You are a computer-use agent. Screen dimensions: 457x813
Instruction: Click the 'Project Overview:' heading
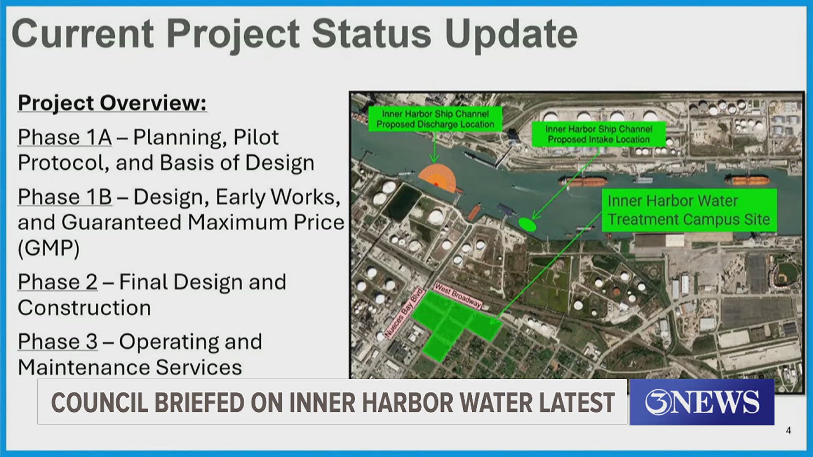[x=112, y=103]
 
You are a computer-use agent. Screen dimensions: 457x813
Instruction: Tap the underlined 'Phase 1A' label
[x=64, y=138]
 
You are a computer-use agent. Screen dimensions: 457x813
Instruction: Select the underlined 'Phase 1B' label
[x=64, y=197]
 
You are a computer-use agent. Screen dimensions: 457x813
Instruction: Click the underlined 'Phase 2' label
[x=57, y=282]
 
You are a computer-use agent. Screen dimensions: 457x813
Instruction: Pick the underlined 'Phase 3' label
[x=57, y=342]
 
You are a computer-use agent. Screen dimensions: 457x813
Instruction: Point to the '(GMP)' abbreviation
[x=48, y=248]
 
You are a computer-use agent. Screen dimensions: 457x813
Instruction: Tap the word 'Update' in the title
[x=511, y=34]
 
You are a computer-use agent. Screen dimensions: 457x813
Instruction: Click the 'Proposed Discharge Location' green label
[x=435, y=119]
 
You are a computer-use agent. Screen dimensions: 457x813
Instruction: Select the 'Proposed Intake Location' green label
[x=598, y=134]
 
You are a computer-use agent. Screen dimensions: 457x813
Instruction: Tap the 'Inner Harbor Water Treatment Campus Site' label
[x=689, y=210]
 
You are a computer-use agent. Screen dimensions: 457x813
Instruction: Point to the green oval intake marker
[x=527, y=223]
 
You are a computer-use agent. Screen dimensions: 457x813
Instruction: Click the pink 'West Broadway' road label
[x=458, y=295]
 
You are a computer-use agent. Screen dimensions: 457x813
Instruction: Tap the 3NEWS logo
[x=702, y=402]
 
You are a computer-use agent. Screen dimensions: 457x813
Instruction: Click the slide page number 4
[x=788, y=431]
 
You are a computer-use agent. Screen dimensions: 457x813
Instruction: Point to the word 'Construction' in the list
[x=84, y=308]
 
